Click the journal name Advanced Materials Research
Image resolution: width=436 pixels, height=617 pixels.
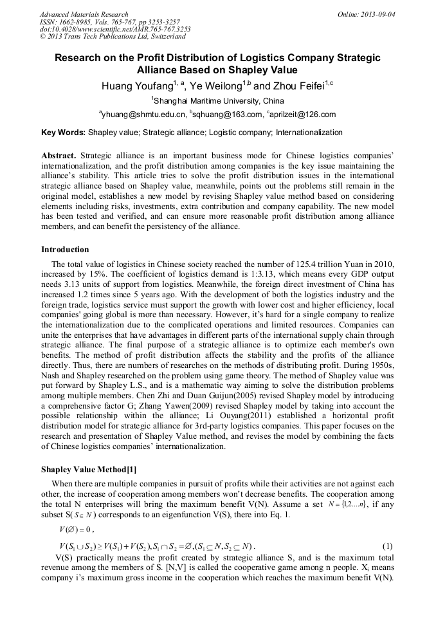tap(84, 14)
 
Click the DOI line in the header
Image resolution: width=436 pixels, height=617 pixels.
tap(114, 30)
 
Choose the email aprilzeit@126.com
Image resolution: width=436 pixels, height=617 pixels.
tap(301, 115)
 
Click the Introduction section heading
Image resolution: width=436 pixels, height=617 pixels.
tap(65, 250)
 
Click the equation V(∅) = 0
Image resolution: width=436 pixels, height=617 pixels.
tap(77, 529)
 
